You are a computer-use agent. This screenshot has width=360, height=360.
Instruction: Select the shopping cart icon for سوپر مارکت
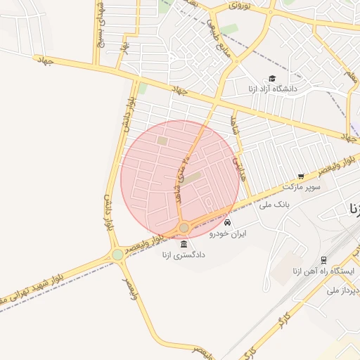click(301, 176)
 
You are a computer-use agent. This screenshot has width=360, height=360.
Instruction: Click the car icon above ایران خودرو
click(226, 222)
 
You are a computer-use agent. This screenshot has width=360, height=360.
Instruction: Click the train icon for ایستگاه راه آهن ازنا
click(323, 260)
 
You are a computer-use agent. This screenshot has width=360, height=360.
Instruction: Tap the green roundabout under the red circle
click(184, 227)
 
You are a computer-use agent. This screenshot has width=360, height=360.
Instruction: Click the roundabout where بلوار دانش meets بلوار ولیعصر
click(117, 255)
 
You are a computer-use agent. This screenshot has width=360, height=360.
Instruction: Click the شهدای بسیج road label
click(101, 25)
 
